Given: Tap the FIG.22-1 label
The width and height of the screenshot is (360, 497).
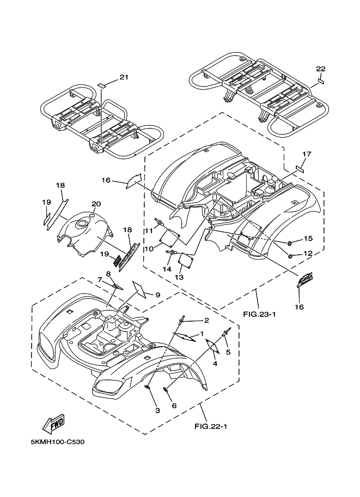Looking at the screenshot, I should [x=210, y=426].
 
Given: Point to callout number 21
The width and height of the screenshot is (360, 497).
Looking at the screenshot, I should [x=124, y=77].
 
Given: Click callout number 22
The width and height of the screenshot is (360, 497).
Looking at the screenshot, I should [x=320, y=69].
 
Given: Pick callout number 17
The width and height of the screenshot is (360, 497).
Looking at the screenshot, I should [x=306, y=154].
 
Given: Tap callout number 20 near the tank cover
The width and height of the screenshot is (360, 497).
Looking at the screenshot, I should [x=96, y=204].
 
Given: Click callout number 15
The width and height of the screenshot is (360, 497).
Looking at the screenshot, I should [x=308, y=238].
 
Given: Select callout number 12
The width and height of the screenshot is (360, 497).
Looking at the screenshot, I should [x=308, y=253].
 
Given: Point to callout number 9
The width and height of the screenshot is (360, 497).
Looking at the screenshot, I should [x=157, y=294].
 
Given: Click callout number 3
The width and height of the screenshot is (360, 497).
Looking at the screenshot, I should [x=157, y=410].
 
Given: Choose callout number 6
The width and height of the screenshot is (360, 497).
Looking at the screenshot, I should [x=174, y=406].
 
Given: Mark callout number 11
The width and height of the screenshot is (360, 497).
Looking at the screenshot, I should [x=148, y=231].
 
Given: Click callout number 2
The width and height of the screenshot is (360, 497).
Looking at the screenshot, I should [x=191, y=320].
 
